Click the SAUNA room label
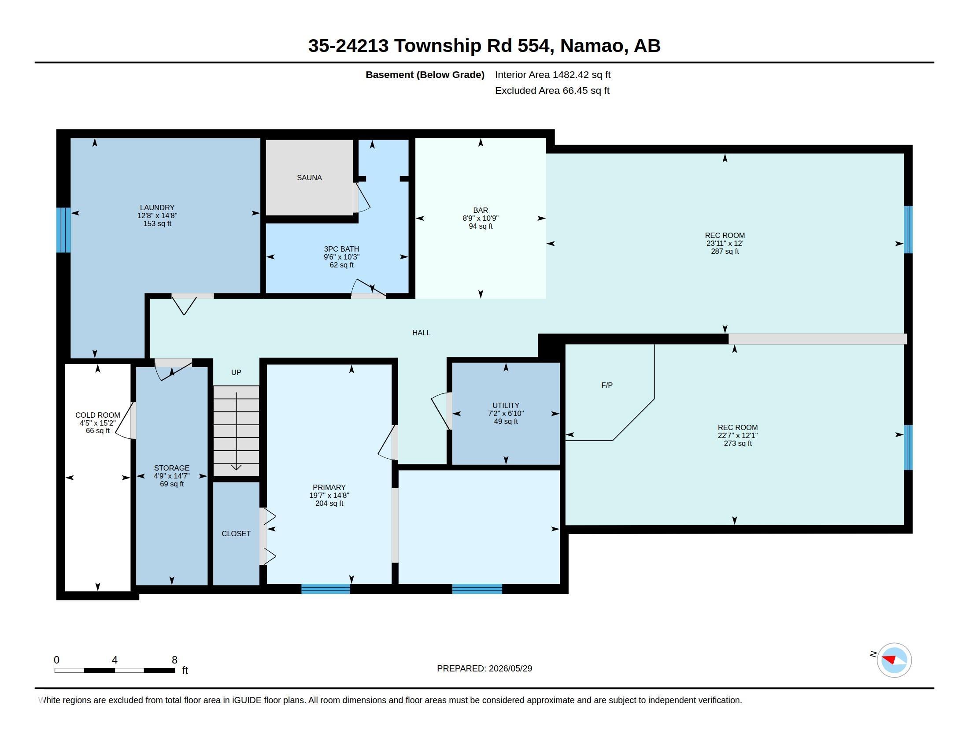(x=309, y=178)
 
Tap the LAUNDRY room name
(x=157, y=207)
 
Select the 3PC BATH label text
(x=341, y=249)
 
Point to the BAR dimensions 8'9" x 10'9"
(x=481, y=218)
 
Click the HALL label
(x=421, y=333)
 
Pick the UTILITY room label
(x=506, y=405)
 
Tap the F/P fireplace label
(x=607, y=385)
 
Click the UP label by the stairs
(x=236, y=372)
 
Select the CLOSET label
(x=236, y=534)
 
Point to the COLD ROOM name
(x=98, y=415)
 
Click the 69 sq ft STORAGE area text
(x=172, y=484)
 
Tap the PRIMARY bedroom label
(x=329, y=487)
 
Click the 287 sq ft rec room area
(x=725, y=251)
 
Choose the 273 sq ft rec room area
(x=738, y=443)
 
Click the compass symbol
(x=894, y=660)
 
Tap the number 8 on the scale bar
(x=174, y=660)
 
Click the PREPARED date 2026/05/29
(x=510, y=668)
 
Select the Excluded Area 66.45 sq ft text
(x=552, y=90)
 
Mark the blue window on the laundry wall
(x=63, y=230)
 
